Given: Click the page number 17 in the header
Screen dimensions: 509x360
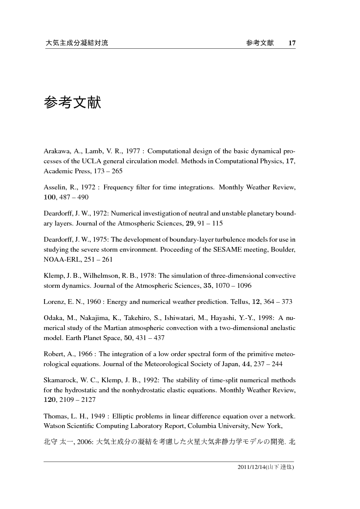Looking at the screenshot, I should pyautogui.click(x=292, y=43).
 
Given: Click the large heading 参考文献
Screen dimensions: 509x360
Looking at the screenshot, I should pyautogui.click(x=72, y=103).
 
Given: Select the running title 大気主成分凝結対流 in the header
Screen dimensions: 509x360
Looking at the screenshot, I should pyautogui.click(x=77, y=43).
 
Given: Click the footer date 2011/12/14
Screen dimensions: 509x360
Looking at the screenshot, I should pyautogui.click(x=251, y=467).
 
